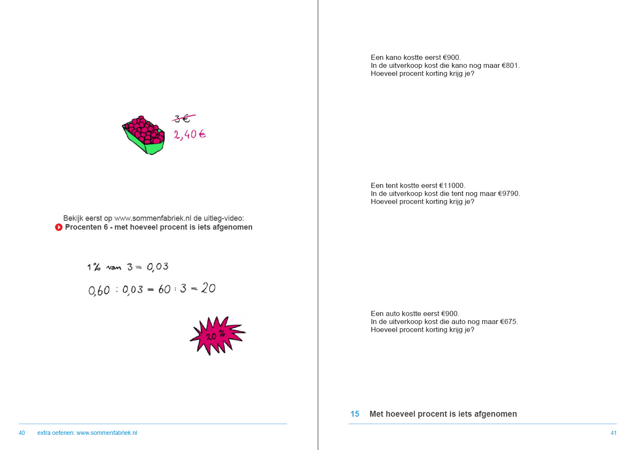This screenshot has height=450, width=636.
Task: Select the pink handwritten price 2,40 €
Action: [x=190, y=134]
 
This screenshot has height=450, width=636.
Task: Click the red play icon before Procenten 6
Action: [x=59, y=227]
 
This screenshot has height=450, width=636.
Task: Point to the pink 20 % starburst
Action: [x=217, y=335]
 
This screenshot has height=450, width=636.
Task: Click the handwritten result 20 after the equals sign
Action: [x=208, y=288]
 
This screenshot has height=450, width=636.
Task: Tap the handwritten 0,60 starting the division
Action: [x=99, y=290]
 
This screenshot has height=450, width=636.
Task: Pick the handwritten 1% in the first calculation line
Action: [x=94, y=267]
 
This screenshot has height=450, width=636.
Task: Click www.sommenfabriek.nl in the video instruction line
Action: [x=153, y=218]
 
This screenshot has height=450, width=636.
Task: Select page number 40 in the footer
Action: [x=22, y=433]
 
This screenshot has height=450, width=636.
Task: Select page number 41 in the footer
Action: [x=614, y=433]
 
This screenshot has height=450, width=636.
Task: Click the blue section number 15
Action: [x=355, y=414]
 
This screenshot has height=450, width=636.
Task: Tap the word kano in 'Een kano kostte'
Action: [x=394, y=57]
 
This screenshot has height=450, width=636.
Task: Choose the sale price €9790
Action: [x=508, y=193]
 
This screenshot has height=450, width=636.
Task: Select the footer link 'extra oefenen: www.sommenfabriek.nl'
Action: [x=87, y=433]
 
